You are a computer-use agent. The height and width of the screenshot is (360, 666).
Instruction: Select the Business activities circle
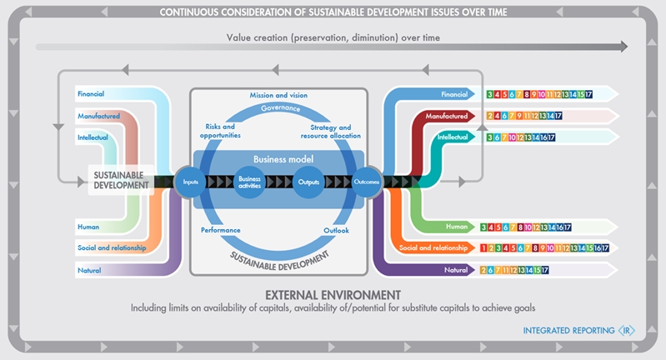tap(249, 181)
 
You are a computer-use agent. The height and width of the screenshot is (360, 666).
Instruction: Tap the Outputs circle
tap(308, 181)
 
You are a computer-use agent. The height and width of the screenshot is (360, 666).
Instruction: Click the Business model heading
tap(278, 158)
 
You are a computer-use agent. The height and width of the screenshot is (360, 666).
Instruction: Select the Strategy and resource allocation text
tap(329, 131)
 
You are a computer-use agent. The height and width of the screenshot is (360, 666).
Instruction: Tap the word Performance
tap(221, 229)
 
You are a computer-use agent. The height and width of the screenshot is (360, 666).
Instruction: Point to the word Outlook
tap(336, 229)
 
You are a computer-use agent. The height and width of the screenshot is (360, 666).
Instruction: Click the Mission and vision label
tap(278, 95)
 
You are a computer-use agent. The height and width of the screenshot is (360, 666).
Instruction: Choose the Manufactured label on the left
tap(98, 116)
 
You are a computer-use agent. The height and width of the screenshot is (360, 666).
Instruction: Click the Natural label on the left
tap(89, 270)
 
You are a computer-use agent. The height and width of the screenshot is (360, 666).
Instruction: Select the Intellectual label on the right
tap(453, 137)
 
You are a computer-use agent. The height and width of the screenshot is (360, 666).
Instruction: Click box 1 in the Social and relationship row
tap(486, 247)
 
